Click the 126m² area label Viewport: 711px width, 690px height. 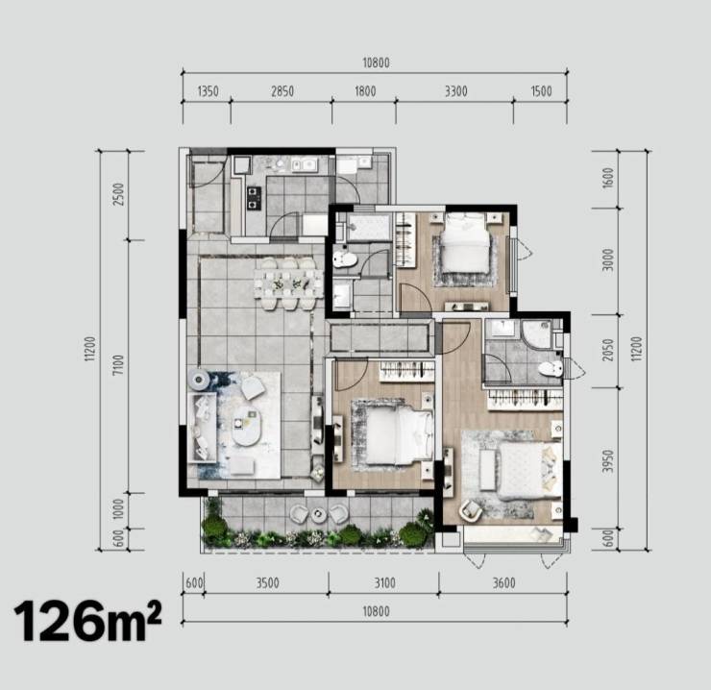pyautogui.click(x=88, y=621)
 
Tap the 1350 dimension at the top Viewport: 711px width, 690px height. pyautogui.click(x=208, y=91)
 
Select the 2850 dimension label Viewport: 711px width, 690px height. pyautogui.click(x=282, y=91)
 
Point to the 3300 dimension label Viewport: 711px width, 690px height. pyautogui.click(x=455, y=91)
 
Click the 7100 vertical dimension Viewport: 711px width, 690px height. pyautogui.click(x=118, y=365)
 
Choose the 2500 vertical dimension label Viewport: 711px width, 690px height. pyautogui.click(x=118, y=194)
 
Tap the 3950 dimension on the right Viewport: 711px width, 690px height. pyautogui.click(x=608, y=461)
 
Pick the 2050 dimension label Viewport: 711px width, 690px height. pyautogui.click(x=608, y=350)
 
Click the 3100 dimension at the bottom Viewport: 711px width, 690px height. pyautogui.click(x=384, y=583)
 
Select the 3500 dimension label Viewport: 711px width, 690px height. pyautogui.click(x=267, y=583)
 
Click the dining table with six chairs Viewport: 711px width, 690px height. pyautogui.click(x=288, y=284)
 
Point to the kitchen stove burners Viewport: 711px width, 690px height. pyautogui.click(x=254, y=198)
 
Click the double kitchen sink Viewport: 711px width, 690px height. pyautogui.click(x=304, y=165)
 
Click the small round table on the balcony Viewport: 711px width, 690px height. pyautogui.click(x=319, y=513)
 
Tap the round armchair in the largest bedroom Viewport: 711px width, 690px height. pyautogui.click(x=471, y=510)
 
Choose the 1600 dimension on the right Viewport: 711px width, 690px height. pyautogui.click(x=608, y=178)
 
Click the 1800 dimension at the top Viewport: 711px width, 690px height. pyautogui.click(x=365, y=91)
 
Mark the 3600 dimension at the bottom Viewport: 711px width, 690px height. pyautogui.click(x=503, y=583)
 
